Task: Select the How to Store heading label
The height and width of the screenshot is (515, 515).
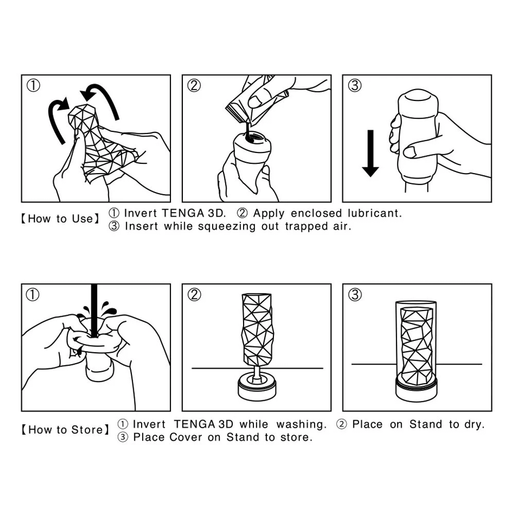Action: pyautogui.click(x=65, y=430)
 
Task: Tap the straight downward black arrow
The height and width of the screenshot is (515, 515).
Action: pyautogui.click(x=370, y=153)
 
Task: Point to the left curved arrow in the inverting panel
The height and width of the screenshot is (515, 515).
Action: pyautogui.click(x=57, y=118)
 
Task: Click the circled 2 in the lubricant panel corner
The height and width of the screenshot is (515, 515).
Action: pyautogui.click(x=194, y=85)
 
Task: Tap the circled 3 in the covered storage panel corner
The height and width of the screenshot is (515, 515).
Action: pyautogui.click(x=355, y=295)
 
